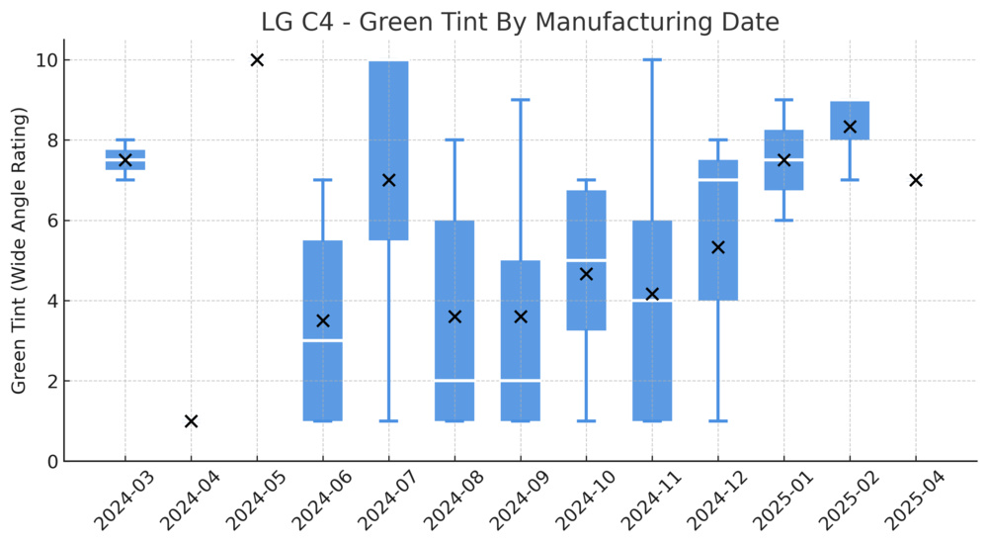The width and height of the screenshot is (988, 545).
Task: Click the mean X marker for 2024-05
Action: click(x=257, y=60)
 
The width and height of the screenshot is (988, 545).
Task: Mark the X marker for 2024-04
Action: click(x=191, y=421)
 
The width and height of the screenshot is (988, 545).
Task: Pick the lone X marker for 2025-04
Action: click(x=916, y=180)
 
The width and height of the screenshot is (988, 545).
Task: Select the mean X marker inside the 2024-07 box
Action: click(x=388, y=180)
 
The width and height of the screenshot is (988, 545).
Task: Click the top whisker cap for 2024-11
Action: click(x=652, y=60)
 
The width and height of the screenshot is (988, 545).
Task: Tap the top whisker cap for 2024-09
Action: click(x=521, y=100)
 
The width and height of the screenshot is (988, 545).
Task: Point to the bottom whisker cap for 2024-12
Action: click(x=718, y=421)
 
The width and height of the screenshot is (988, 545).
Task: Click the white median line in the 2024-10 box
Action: click(x=586, y=260)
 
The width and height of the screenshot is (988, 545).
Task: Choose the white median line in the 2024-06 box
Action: click(x=322, y=340)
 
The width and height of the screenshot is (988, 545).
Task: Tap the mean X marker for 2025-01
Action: click(x=783, y=160)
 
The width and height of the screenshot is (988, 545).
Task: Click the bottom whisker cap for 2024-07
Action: click(x=388, y=421)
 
